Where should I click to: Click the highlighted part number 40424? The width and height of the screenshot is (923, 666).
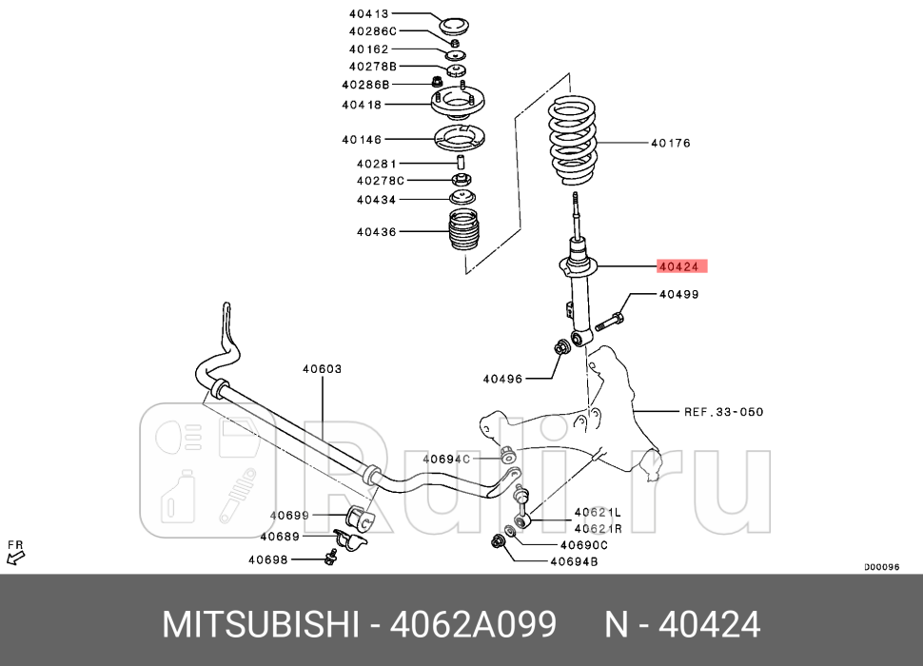point(682,267)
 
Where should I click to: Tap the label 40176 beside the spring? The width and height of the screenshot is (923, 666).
point(670,144)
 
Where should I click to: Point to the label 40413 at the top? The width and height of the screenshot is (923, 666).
point(368,14)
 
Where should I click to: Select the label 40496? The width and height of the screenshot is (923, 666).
point(502,379)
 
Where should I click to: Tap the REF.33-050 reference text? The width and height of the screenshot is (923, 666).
point(723,412)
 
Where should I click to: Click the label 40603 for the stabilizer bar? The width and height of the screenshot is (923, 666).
point(322,369)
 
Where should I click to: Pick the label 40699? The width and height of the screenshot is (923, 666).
point(289,516)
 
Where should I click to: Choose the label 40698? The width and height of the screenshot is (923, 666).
point(268,559)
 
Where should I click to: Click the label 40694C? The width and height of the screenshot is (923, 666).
point(446,460)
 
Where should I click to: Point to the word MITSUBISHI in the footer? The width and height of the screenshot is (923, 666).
point(258,625)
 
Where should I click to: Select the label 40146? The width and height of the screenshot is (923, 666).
point(362,140)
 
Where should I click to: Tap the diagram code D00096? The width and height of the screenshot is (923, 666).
point(881,567)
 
